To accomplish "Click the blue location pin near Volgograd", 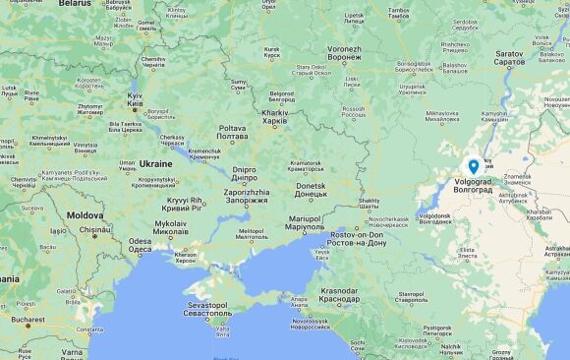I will [474, 167].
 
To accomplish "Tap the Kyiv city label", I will [135, 98].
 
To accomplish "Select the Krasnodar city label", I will [339, 294].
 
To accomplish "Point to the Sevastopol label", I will [209, 310].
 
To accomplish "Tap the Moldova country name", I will [85, 214].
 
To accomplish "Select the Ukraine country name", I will [155, 163].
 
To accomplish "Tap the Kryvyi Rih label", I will [183, 203].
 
